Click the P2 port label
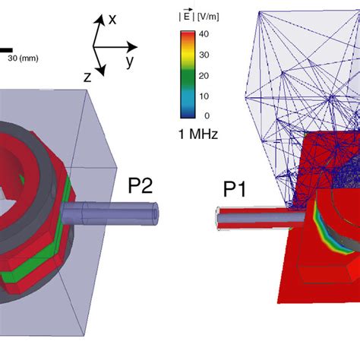click(141, 185)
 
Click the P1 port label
click(235, 189)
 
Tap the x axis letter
click(112, 20)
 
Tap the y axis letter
click(130, 62)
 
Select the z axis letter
click(87, 77)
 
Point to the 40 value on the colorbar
click(204, 34)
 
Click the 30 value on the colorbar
click(204, 55)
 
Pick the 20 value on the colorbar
click(204, 76)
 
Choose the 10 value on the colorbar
click(204, 96)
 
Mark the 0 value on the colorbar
click(207, 115)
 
